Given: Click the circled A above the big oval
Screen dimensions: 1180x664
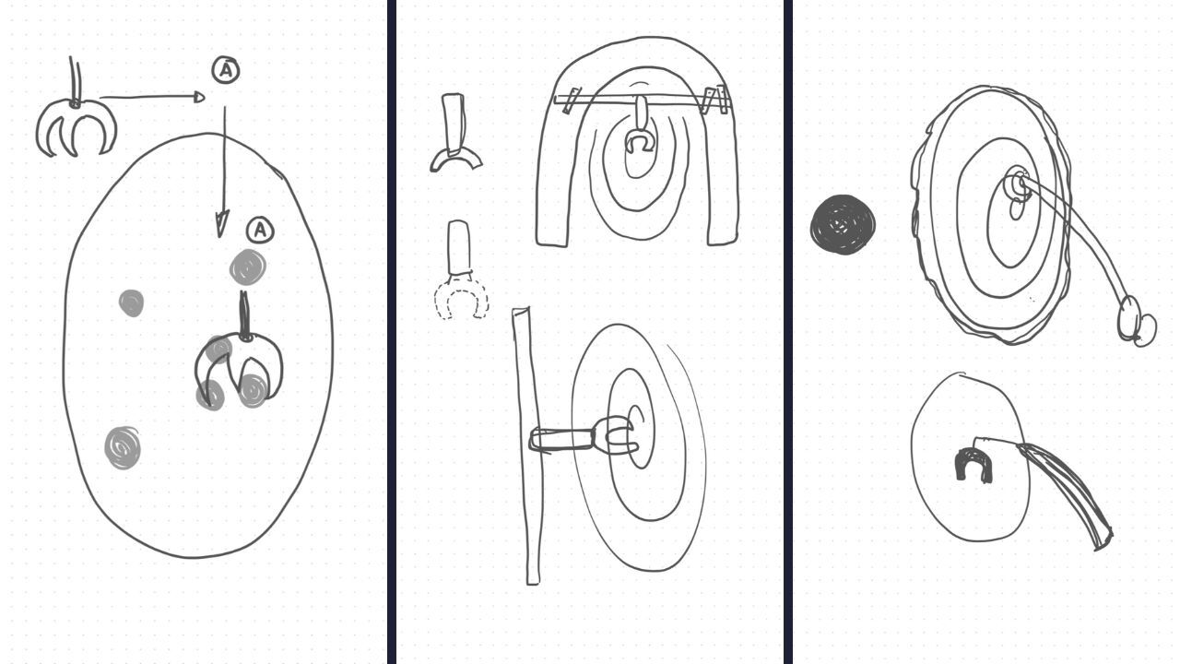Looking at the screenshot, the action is tap(226, 71).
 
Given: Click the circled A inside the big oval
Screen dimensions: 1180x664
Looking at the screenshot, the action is tap(260, 231).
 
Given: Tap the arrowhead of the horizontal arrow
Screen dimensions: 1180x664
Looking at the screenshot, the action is tap(199, 97).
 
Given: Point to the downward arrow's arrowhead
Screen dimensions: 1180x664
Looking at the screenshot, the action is tap(222, 223).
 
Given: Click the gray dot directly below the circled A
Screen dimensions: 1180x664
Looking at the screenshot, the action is tap(248, 267).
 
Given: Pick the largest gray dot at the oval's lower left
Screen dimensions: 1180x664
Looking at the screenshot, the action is tap(123, 448).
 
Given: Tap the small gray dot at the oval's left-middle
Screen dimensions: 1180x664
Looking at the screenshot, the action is tap(131, 303).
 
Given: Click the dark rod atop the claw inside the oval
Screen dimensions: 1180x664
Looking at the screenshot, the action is tap(244, 314).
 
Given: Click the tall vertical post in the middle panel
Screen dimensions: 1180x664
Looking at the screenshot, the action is tap(526, 445).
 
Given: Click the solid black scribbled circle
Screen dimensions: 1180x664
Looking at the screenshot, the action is tap(843, 224).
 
